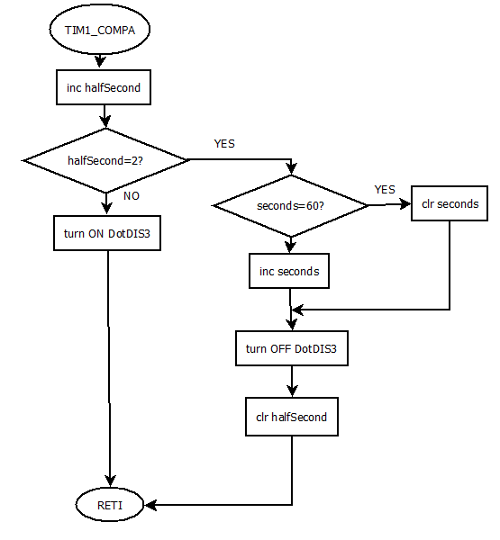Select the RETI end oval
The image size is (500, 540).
tap(109, 506)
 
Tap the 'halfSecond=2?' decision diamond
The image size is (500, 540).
tap(106, 159)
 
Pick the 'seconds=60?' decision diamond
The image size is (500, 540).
tap(290, 205)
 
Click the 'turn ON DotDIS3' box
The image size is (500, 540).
tap(106, 233)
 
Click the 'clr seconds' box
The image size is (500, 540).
tap(450, 203)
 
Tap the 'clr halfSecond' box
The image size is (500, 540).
tap(291, 417)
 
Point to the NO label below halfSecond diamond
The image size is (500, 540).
tap(131, 195)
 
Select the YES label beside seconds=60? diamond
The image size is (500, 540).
tap(385, 190)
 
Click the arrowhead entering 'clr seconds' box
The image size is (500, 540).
tap(405, 204)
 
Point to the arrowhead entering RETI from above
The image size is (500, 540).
tap(110, 482)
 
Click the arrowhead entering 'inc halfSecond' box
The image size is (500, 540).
tap(105, 66)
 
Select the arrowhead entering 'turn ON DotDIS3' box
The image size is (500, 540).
tap(107, 210)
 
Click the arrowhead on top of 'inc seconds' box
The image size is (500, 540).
tap(290, 247)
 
